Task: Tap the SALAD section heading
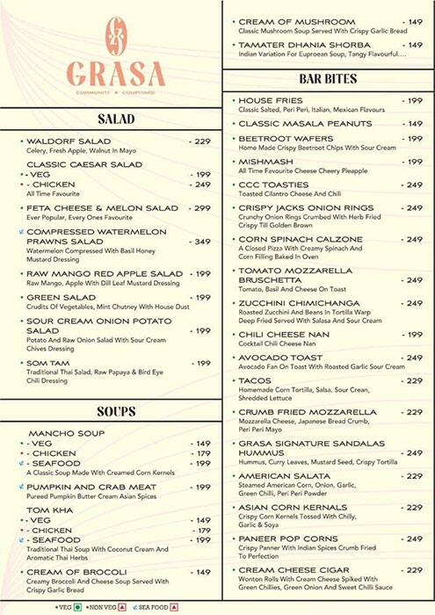point(116,119)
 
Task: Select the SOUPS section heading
point(116,411)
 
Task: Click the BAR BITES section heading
point(328,79)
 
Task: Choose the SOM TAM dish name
point(48,363)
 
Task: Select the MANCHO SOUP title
point(67,433)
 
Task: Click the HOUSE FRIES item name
point(271,101)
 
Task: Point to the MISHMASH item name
point(266,162)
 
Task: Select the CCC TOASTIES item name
point(274,185)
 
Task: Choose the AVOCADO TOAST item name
point(280,358)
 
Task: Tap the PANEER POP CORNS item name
point(288,539)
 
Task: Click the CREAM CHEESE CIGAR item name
point(294,570)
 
